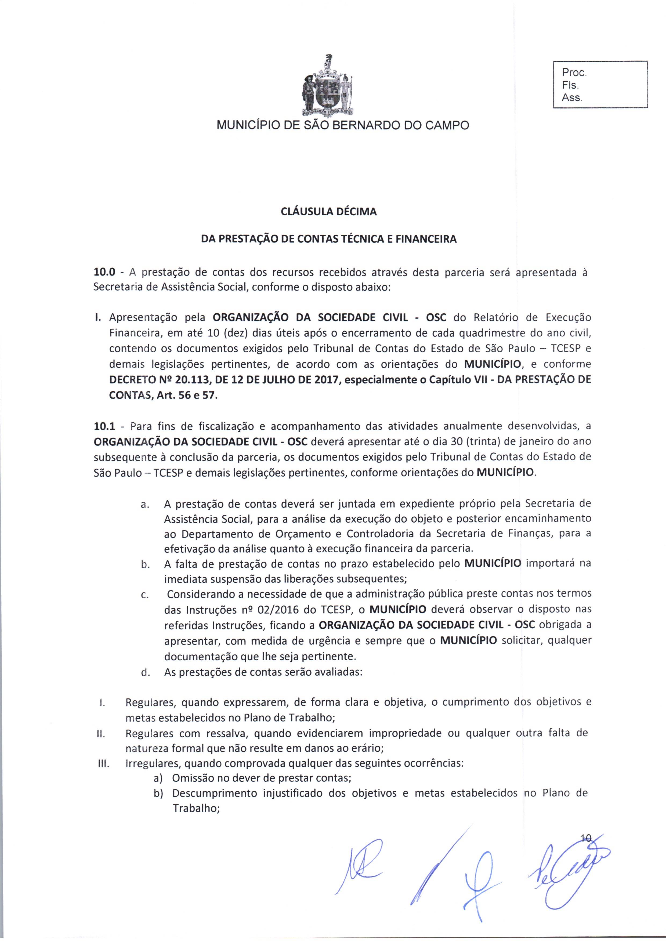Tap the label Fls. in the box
570,85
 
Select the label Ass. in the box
572,98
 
